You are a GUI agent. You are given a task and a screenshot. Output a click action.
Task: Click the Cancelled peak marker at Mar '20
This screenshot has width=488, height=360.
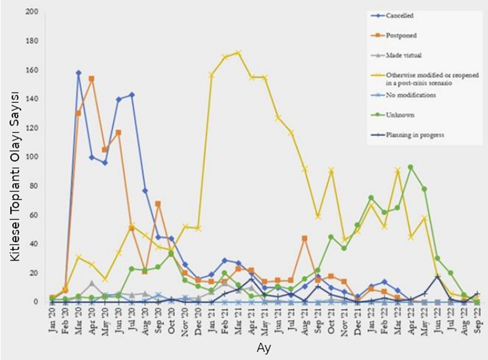click(78, 73)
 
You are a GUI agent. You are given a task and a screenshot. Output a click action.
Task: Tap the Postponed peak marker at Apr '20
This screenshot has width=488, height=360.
click(91, 79)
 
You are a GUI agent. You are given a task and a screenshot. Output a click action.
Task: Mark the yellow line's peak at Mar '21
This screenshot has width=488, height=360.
click(238, 52)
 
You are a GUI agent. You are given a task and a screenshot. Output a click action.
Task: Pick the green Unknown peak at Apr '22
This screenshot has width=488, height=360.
click(410, 167)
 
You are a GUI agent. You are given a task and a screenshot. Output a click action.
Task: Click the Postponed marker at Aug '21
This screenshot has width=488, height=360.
click(305, 238)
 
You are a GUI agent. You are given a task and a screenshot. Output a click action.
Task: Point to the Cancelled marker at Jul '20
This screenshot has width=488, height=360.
click(132, 95)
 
